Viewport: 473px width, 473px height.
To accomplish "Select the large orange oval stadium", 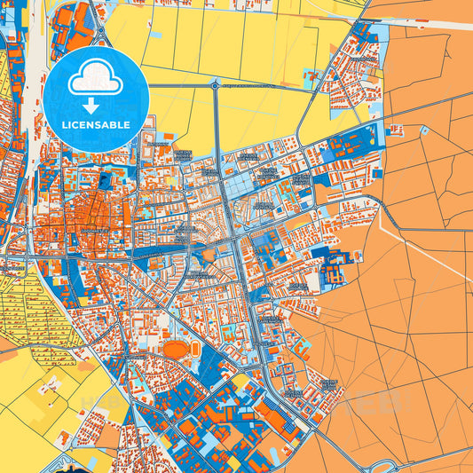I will pyautogui.click(x=176, y=349).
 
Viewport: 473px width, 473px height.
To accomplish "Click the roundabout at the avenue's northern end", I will pyautogui.click(x=215, y=85).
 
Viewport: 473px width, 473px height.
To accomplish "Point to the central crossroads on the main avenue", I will pyautogui.click(x=233, y=240).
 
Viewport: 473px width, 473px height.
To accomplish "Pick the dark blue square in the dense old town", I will pyautogui.click(x=106, y=183).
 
